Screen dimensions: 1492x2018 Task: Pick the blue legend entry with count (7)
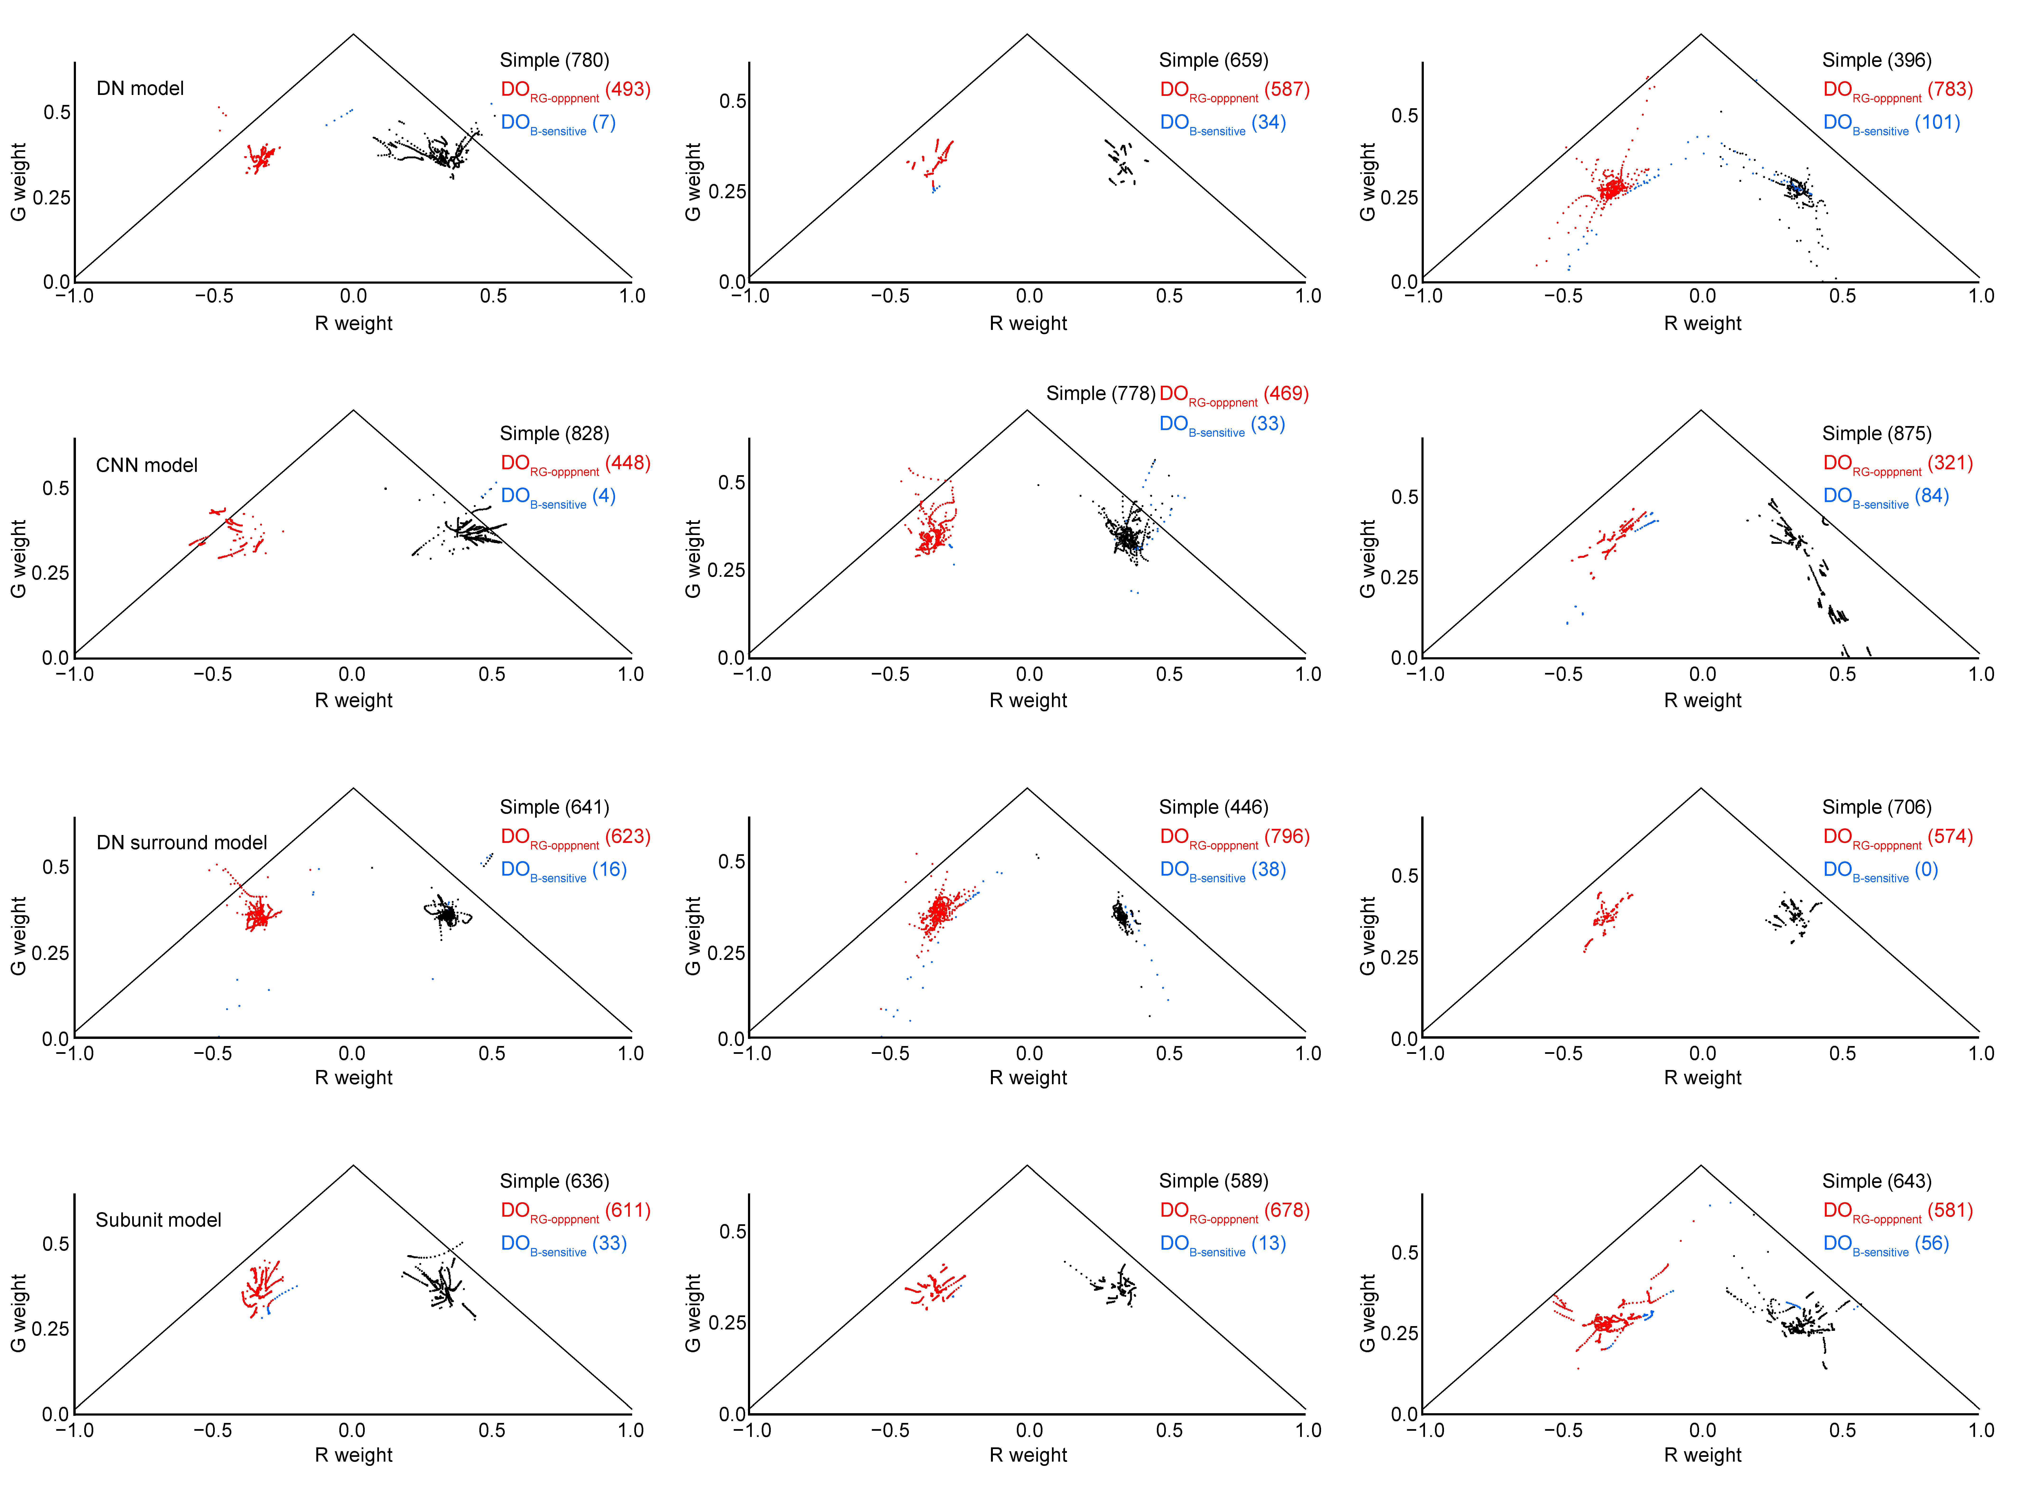(x=558, y=123)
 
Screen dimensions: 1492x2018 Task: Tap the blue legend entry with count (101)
(x=1891, y=123)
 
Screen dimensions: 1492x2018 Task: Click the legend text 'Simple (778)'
(x=1100, y=394)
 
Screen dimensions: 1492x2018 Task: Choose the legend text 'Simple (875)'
(x=1876, y=433)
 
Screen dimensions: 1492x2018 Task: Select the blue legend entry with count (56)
(x=1885, y=1244)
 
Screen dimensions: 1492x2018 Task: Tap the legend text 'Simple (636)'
(x=554, y=1181)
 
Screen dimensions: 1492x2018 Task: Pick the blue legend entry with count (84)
(x=1885, y=496)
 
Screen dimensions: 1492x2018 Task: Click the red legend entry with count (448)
(x=575, y=463)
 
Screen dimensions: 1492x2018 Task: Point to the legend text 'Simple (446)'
(x=1214, y=807)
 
